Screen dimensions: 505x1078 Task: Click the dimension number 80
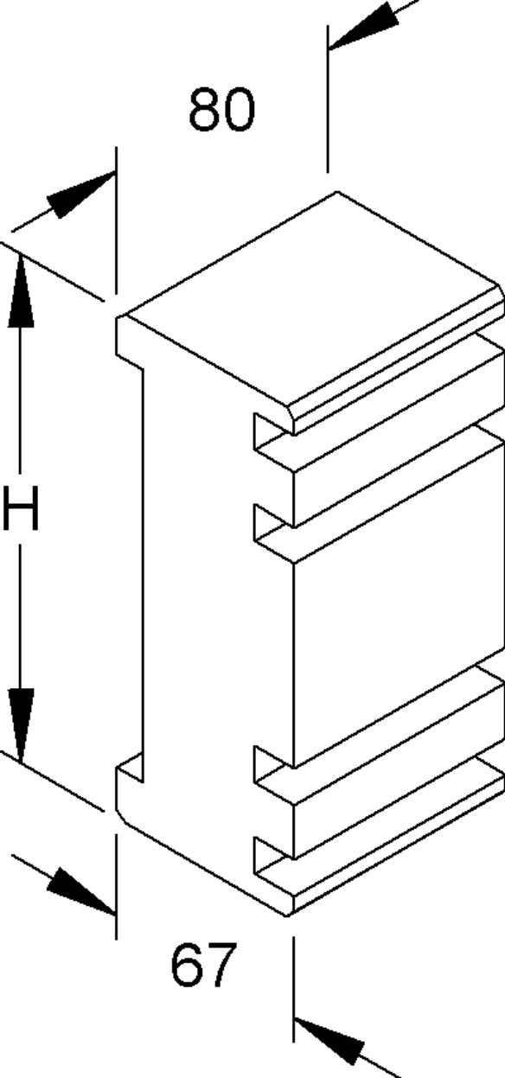click(221, 110)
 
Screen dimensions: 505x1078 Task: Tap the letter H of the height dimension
click(20, 507)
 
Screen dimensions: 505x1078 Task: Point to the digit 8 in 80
click(205, 110)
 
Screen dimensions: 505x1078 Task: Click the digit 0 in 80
click(239, 110)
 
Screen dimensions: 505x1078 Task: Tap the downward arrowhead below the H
click(21, 725)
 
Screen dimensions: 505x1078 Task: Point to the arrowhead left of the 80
click(82, 194)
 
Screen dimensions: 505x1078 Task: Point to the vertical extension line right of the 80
click(328, 99)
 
